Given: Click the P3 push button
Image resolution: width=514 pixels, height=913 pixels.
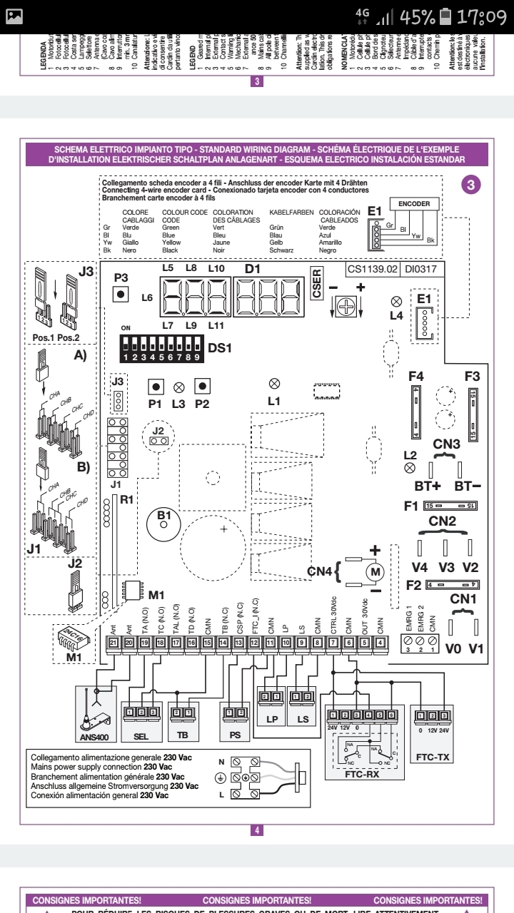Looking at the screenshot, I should coord(121,294).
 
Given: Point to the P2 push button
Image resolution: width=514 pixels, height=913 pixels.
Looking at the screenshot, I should coord(203,387).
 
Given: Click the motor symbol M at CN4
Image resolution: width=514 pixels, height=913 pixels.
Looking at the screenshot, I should coord(375,571).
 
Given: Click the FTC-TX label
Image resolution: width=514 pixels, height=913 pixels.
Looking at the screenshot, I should coord(435,755).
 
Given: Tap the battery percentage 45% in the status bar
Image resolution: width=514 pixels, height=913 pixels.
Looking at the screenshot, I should coord(409,16).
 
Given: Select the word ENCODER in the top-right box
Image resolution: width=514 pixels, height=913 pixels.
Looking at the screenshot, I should coord(414,205).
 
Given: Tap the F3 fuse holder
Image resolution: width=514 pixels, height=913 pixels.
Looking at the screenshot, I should coord(472,413).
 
